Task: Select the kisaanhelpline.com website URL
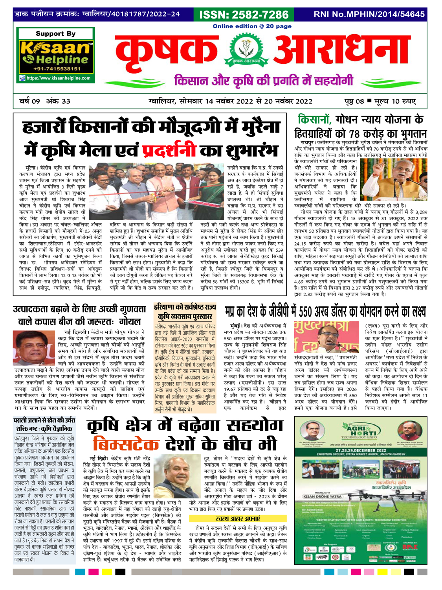[58, 78]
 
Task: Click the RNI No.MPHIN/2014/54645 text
[369, 15]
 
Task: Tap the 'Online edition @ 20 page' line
[252, 26]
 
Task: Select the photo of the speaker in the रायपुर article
[394, 179]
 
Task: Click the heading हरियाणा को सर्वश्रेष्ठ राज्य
[185, 307]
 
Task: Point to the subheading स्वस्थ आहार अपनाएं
[238, 519]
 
